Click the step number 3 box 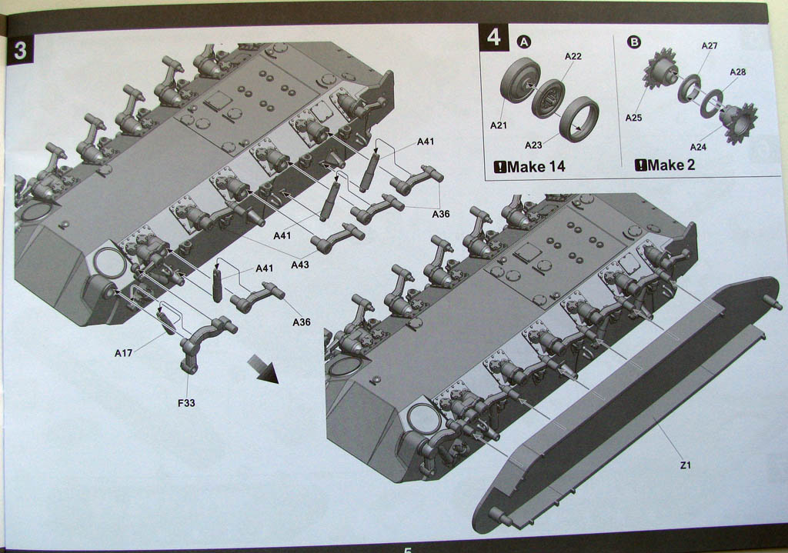[x=20, y=50]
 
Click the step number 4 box [x=493, y=38]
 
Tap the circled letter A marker [x=524, y=42]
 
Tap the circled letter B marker [x=634, y=42]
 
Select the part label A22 [x=573, y=56]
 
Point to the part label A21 [x=499, y=125]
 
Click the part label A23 [x=533, y=145]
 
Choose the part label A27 [x=709, y=45]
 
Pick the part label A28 [x=738, y=72]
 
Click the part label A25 [x=634, y=118]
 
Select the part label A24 [x=698, y=147]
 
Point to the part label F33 [x=186, y=403]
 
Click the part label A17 [x=124, y=353]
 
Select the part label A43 [x=300, y=265]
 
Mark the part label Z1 [x=686, y=465]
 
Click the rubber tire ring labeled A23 [x=579, y=119]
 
